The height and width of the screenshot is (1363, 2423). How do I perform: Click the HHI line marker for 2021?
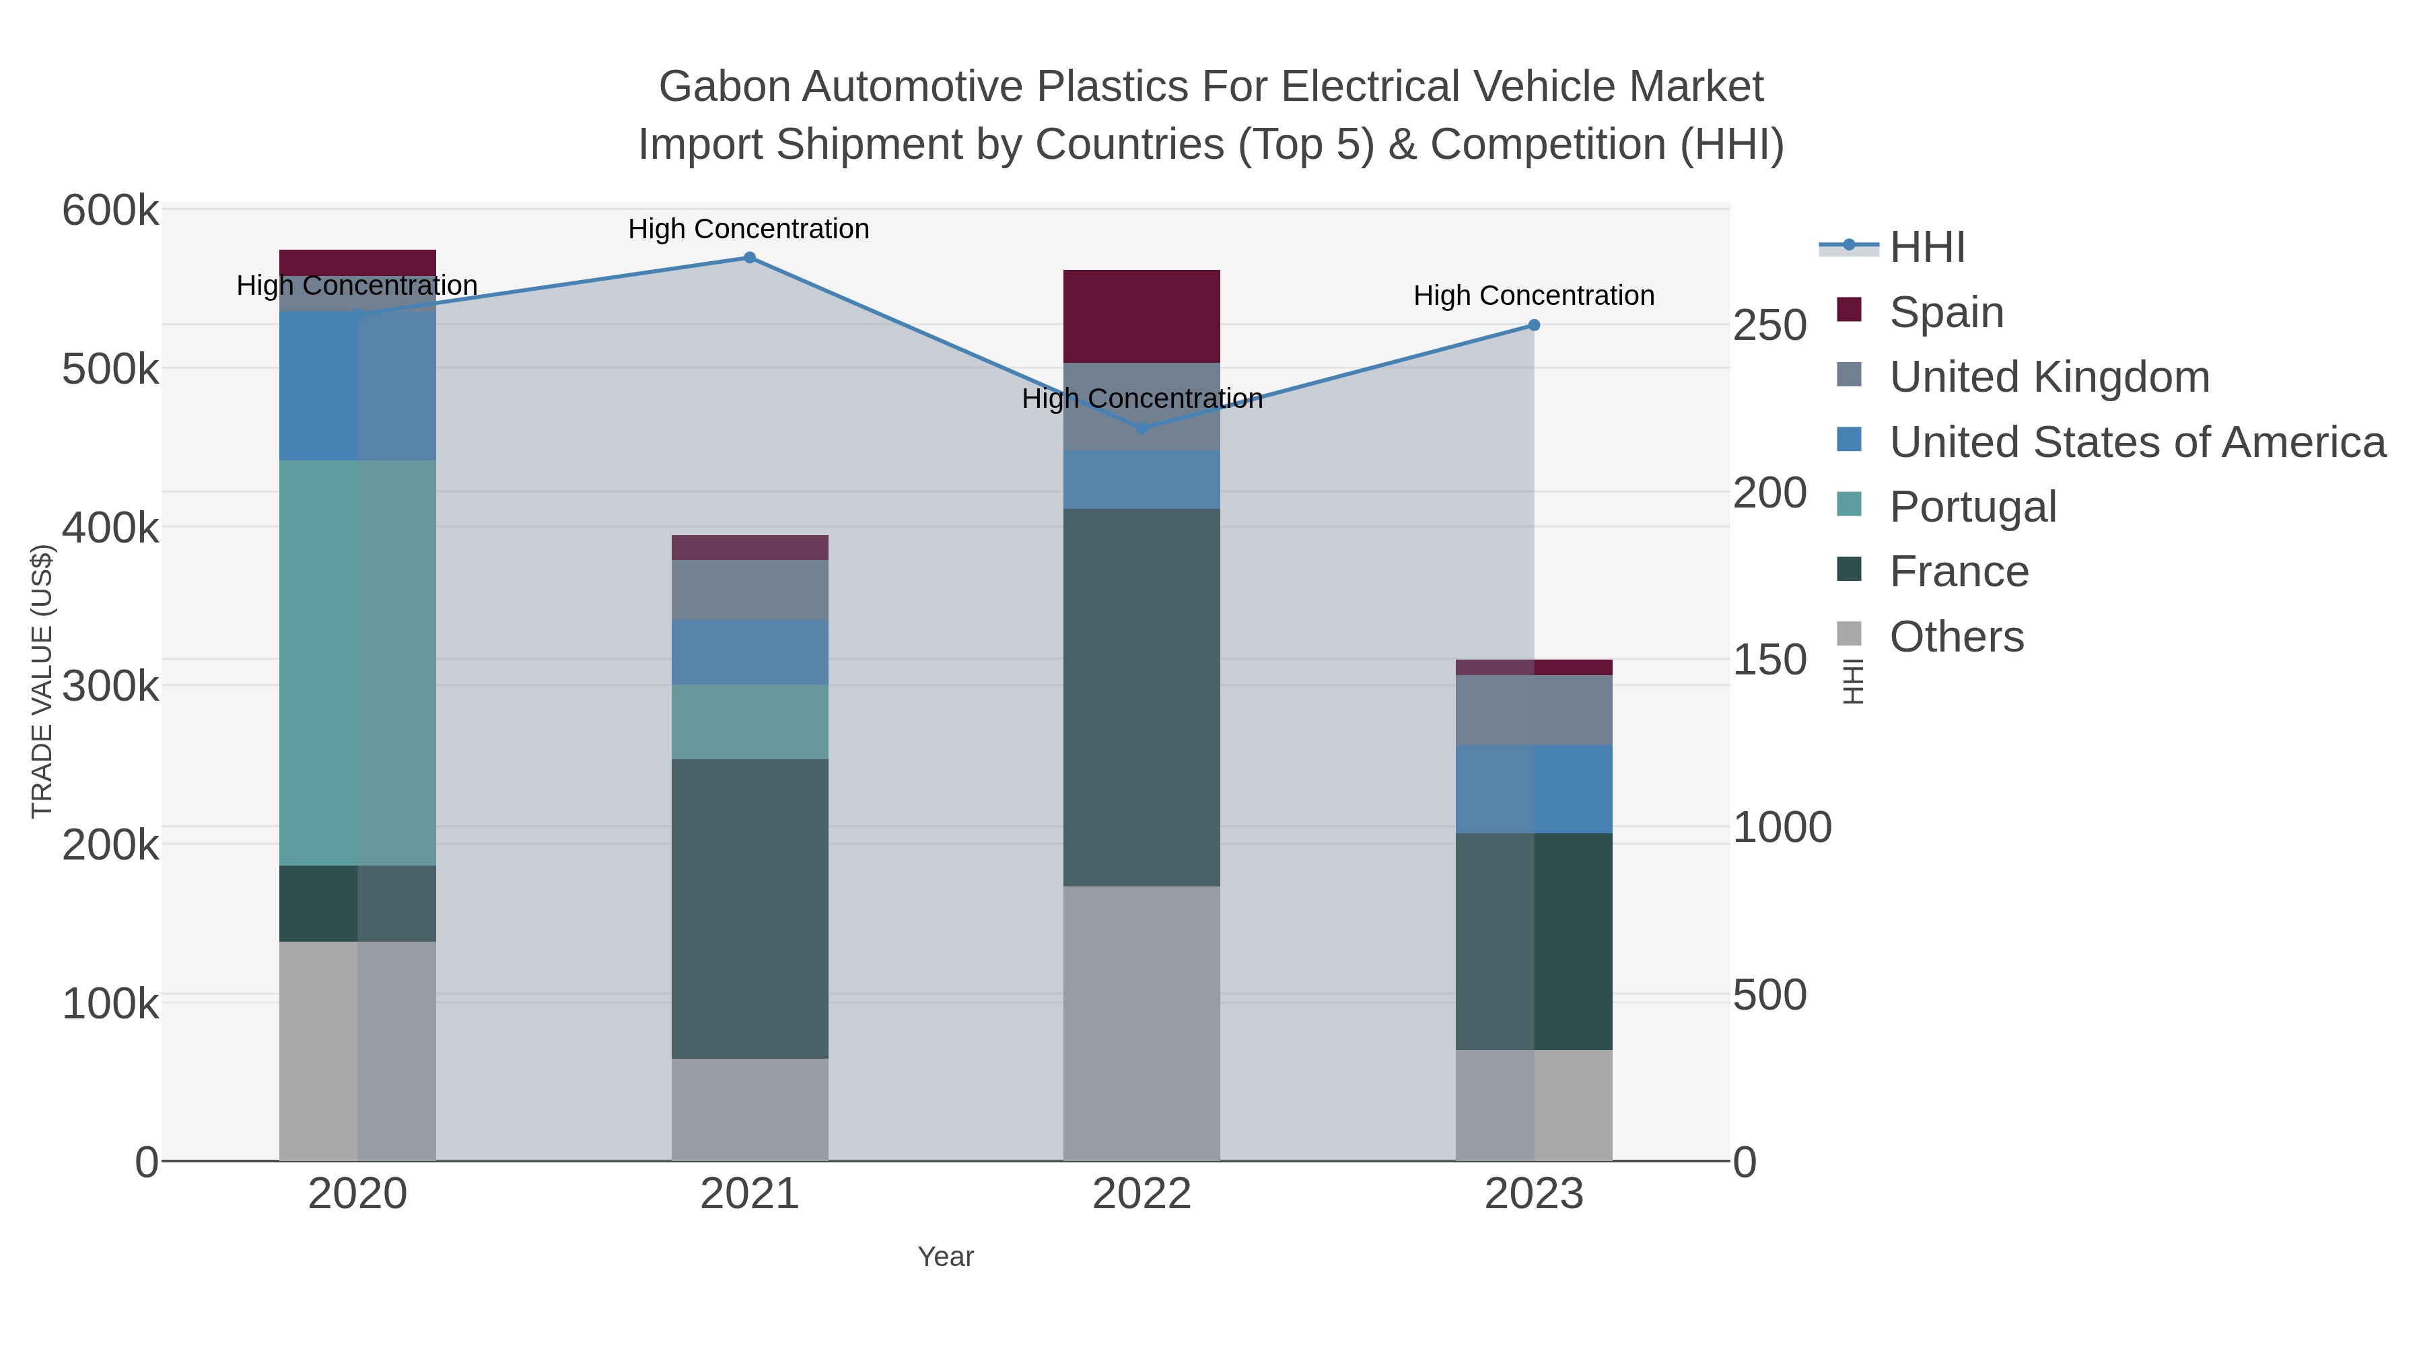(750, 258)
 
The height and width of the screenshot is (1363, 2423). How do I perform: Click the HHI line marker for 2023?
(1534, 326)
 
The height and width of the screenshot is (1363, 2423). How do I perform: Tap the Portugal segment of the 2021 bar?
(750, 722)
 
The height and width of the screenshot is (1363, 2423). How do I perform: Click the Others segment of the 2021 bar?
(750, 1109)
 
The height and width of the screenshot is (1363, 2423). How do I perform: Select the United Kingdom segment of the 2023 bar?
(1534, 710)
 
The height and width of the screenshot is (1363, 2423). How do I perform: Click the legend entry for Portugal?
(1973, 507)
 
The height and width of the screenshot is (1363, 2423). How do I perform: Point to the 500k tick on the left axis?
(110, 370)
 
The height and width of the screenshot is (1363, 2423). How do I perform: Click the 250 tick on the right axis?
(1769, 326)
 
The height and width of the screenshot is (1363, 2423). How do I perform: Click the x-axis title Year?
(946, 1257)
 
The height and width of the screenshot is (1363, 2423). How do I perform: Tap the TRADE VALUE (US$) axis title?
(42, 681)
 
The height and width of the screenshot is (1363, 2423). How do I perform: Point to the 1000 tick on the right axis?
(1782, 828)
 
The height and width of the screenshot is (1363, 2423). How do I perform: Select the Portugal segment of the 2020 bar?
(357, 662)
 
